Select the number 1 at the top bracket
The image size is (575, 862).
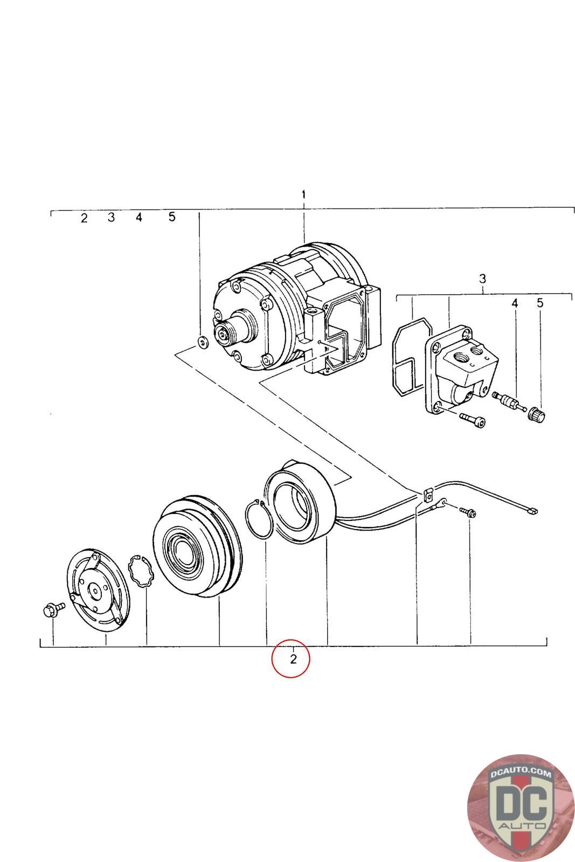(x=304, y=194)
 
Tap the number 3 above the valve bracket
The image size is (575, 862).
(x=482, y=279)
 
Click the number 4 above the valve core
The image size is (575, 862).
(x=515, y=303)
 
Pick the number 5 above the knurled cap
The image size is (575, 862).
(x=540, y=303)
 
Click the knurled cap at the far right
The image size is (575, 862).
(x=537, y=415)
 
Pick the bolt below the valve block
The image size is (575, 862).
(x=472, y=419)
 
